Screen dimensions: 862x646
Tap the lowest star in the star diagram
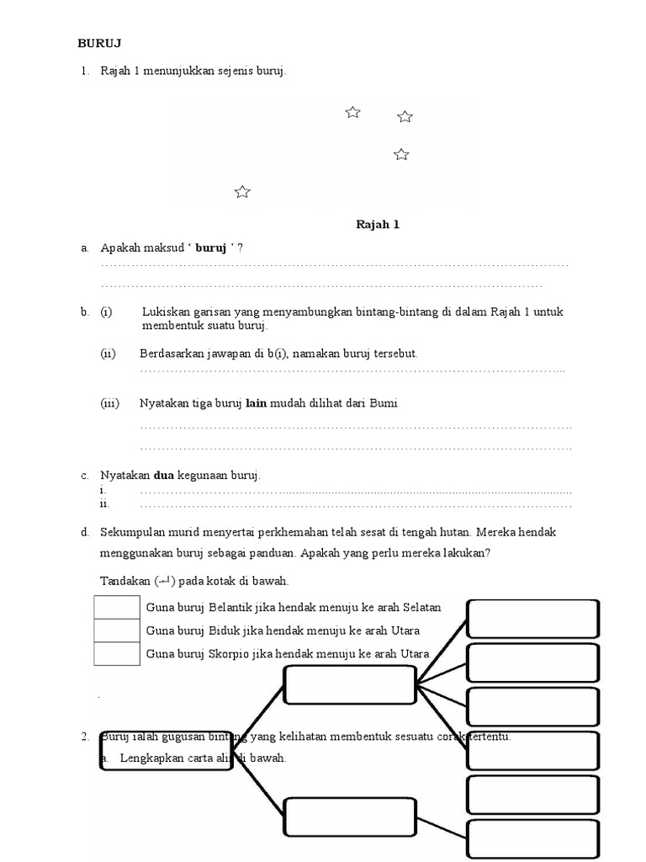point(242,192)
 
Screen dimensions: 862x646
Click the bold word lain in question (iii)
point(256,403)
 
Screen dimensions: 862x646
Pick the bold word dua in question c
point(163,476)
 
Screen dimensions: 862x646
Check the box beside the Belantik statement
point(117,608)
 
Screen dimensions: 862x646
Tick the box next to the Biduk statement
point(117,631)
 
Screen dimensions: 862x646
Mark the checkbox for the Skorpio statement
point(117,653)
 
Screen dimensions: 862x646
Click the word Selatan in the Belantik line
point(421,607)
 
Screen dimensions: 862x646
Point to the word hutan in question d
point(493,532)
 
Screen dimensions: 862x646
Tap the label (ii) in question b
point(108,354)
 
